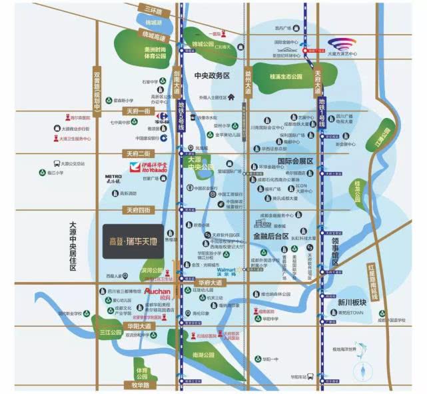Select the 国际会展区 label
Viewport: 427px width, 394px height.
point(294,161)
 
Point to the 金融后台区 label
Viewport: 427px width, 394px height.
point(270,236)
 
